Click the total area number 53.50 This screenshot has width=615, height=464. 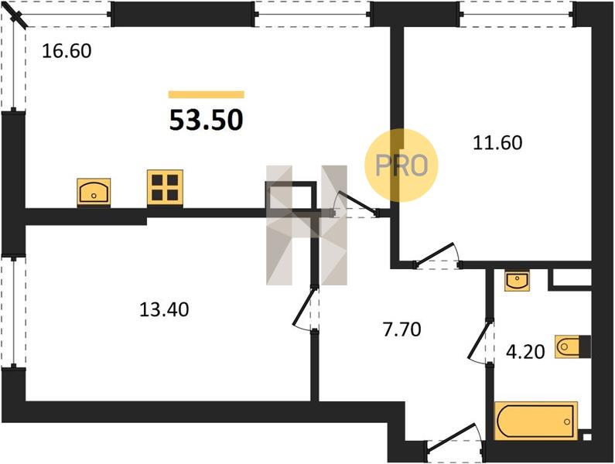207,120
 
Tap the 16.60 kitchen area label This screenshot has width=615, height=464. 67,51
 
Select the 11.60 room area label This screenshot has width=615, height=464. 497,142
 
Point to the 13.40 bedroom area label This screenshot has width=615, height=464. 164,309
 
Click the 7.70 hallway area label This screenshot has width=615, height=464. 402,329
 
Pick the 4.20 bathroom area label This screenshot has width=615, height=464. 525,352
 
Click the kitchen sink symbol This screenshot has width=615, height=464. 94,192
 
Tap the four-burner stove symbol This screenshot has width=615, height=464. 165,187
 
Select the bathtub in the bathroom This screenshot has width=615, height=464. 536,421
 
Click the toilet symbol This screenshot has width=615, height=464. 572,346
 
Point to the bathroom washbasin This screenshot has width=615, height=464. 518,281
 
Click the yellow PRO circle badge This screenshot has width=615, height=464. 401,165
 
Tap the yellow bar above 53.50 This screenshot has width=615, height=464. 207,94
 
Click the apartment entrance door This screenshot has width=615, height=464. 454,439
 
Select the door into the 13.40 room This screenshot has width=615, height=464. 305,308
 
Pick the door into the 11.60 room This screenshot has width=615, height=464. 437,256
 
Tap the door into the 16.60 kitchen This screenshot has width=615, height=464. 355,204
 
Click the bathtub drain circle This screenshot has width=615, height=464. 567,421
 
